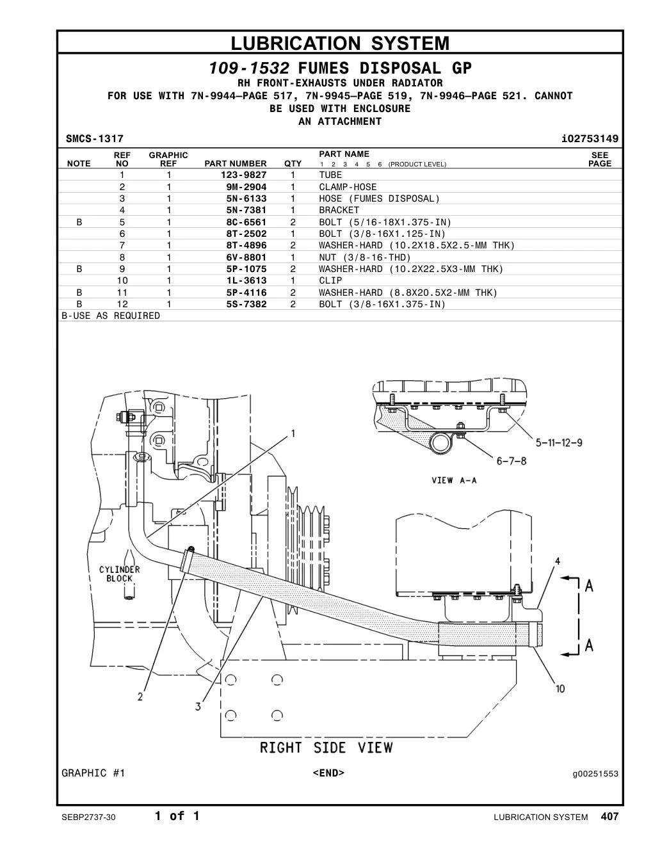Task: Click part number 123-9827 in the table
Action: (243, 175)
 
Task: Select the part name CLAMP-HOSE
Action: (348, 187)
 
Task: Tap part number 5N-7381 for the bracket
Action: (246, 211)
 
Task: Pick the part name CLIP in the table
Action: (330, 280)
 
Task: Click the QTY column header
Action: (293, 164)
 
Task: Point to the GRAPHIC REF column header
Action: (168, 159)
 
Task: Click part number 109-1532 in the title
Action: (249, 68)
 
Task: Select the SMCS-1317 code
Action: (95, 139)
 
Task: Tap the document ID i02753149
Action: (590, 139)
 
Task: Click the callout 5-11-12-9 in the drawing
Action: (558, 442)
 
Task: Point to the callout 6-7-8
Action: (511, 461)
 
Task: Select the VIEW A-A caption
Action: (454, 480)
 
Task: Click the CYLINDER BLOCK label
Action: (120, 574)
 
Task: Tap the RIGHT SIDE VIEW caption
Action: (326, 748)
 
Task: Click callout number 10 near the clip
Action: (560, 689)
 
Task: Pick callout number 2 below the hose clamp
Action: (140, 697)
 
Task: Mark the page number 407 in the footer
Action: (609, 816)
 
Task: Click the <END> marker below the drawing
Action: (328, 773)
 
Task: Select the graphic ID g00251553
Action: (595, 774)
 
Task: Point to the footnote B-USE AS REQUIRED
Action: (111, 316)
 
